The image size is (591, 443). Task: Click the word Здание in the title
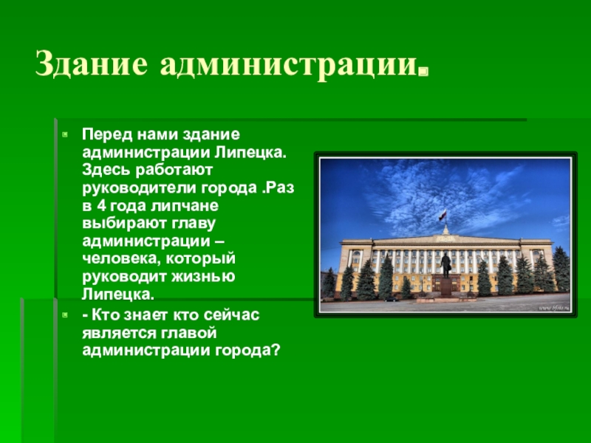pyautogui.click(x=92, y=63)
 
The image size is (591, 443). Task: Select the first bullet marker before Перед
pyautogui.click(x=65, y=134)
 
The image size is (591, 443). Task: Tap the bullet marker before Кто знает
pyautogui.click(x=65, y=315)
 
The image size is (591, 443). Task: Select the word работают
pyautogui.click(x=174, y=171)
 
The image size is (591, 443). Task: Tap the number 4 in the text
pyautogui.click(x=101, y=206)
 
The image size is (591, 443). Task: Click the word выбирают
pyautogui.click(x=124, y=224)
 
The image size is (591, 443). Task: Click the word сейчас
pyautogui.click(x=231, y=315)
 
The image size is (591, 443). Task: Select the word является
pyautogui.click(x=119, y=333)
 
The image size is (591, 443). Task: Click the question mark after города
pyautogui.click(x=276, y=350)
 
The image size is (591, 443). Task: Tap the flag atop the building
pyautogui.click(x=443, y=216)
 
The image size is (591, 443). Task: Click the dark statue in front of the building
pyautogui.click(x=446, y=265)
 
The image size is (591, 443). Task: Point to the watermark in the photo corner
pyautogui.click(x=555, y=308)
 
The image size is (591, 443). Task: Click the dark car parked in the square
pyautogui.click(x=392, y=300)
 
